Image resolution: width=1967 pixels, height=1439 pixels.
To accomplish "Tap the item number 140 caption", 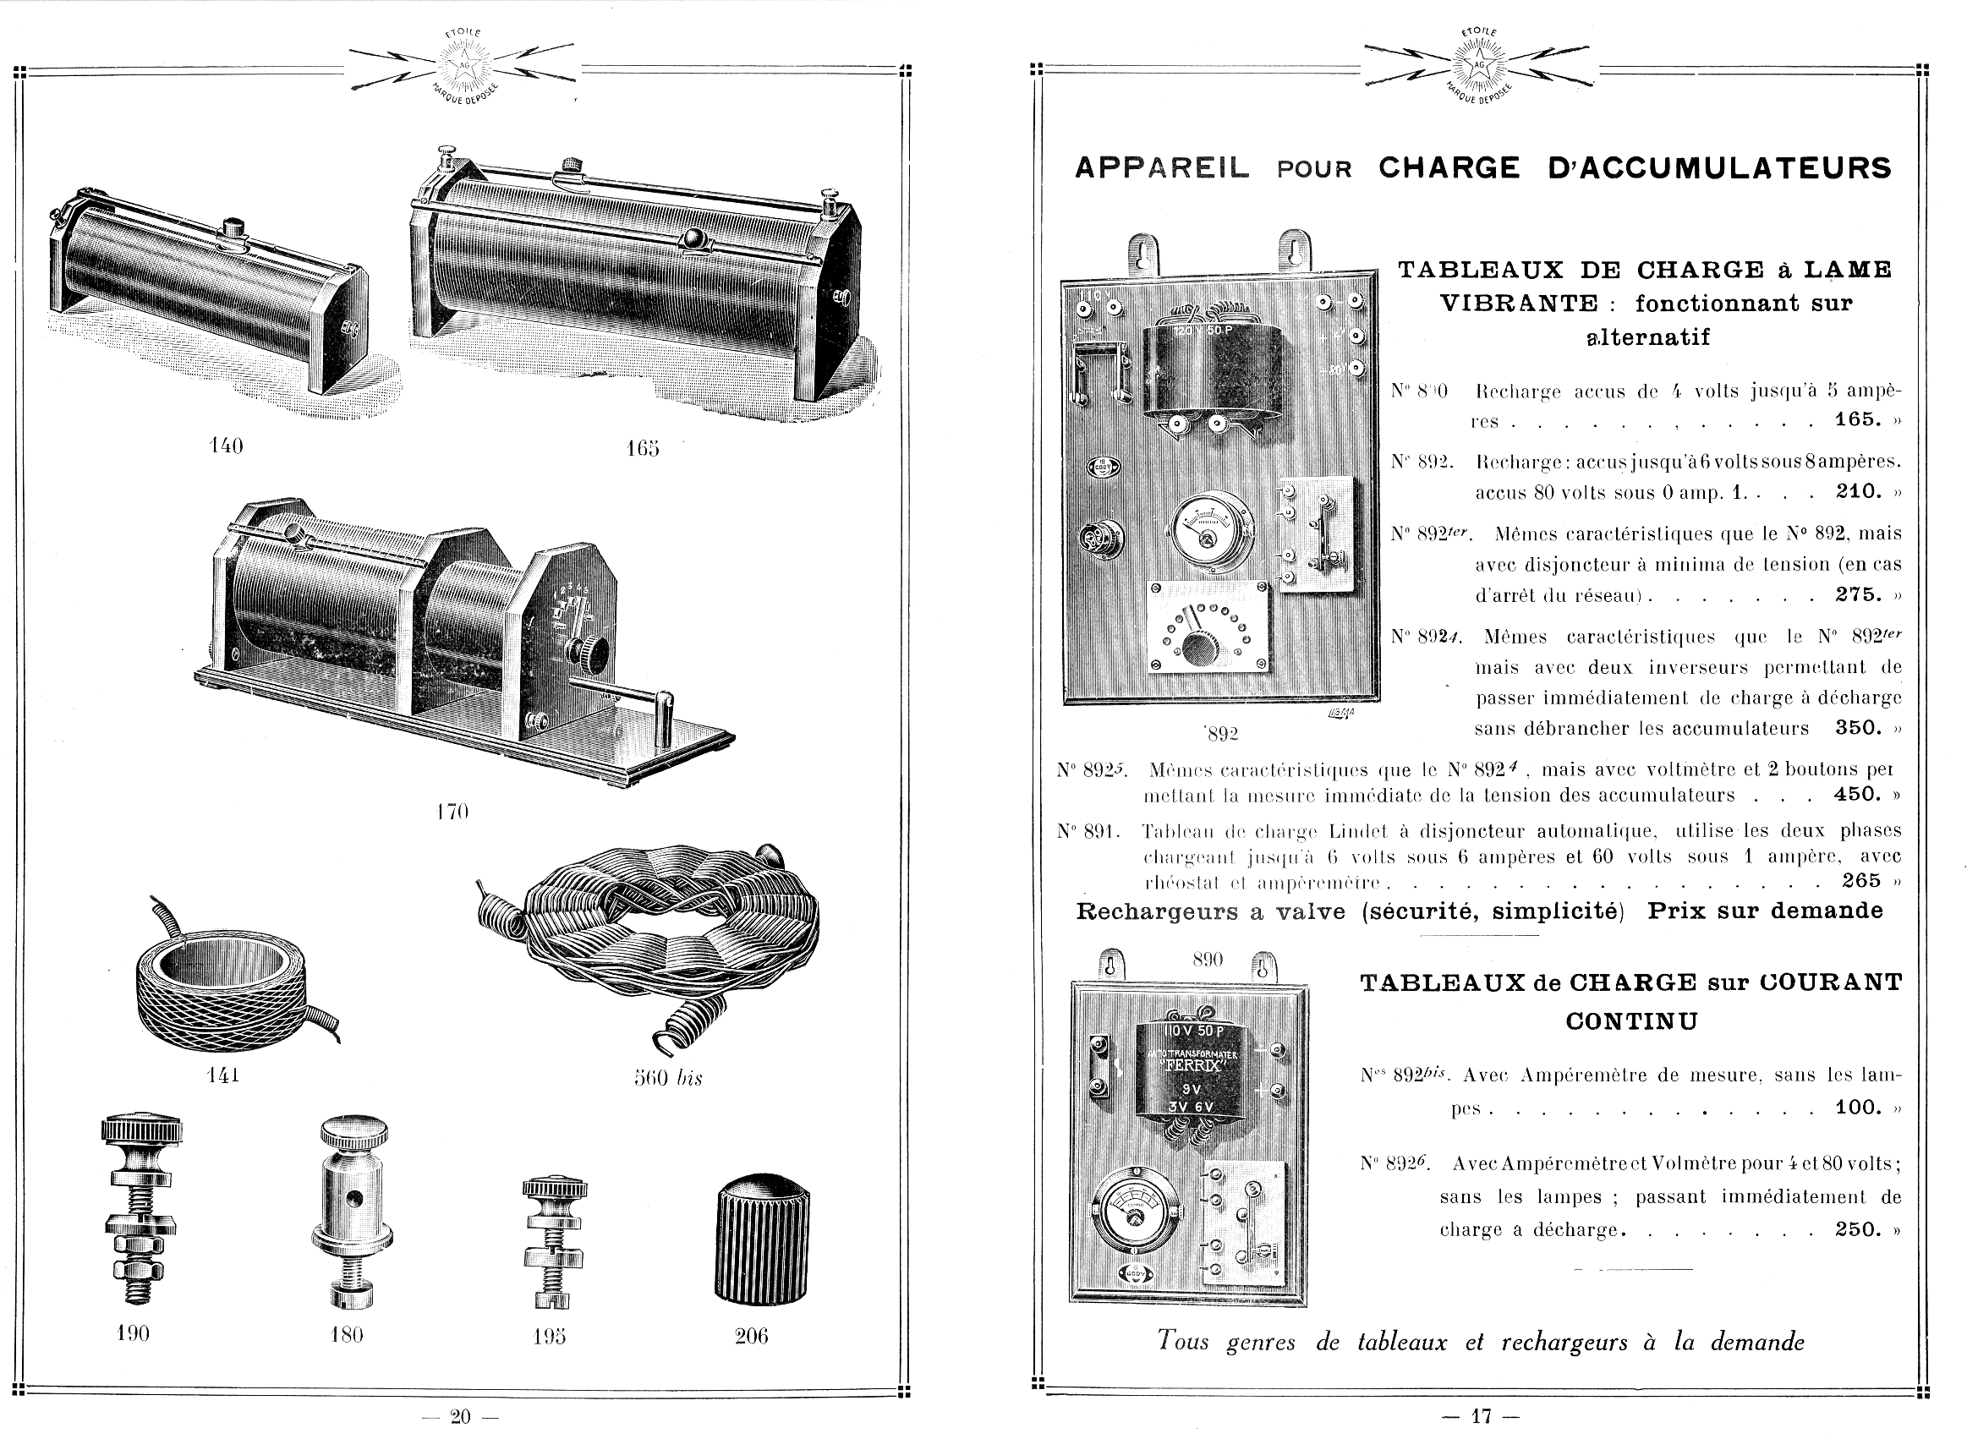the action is tap(227, 446).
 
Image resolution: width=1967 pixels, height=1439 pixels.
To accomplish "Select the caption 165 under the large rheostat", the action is tap(642, 449).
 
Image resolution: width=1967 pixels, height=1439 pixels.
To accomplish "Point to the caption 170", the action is tap(452, 812).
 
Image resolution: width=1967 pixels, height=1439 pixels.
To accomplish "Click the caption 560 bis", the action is tap(667, 1077).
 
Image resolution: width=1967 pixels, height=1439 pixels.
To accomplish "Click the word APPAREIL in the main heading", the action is tap(1162, 168).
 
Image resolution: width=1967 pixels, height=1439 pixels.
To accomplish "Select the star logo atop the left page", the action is tap(463, 67).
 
